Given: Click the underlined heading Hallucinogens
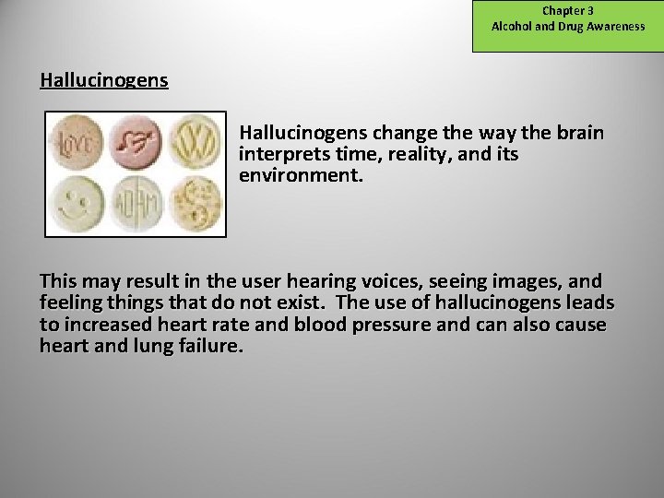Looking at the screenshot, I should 103,80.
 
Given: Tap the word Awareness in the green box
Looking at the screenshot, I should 613,27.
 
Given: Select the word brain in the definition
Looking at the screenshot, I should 581,134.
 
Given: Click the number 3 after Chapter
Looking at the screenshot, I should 590,11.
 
